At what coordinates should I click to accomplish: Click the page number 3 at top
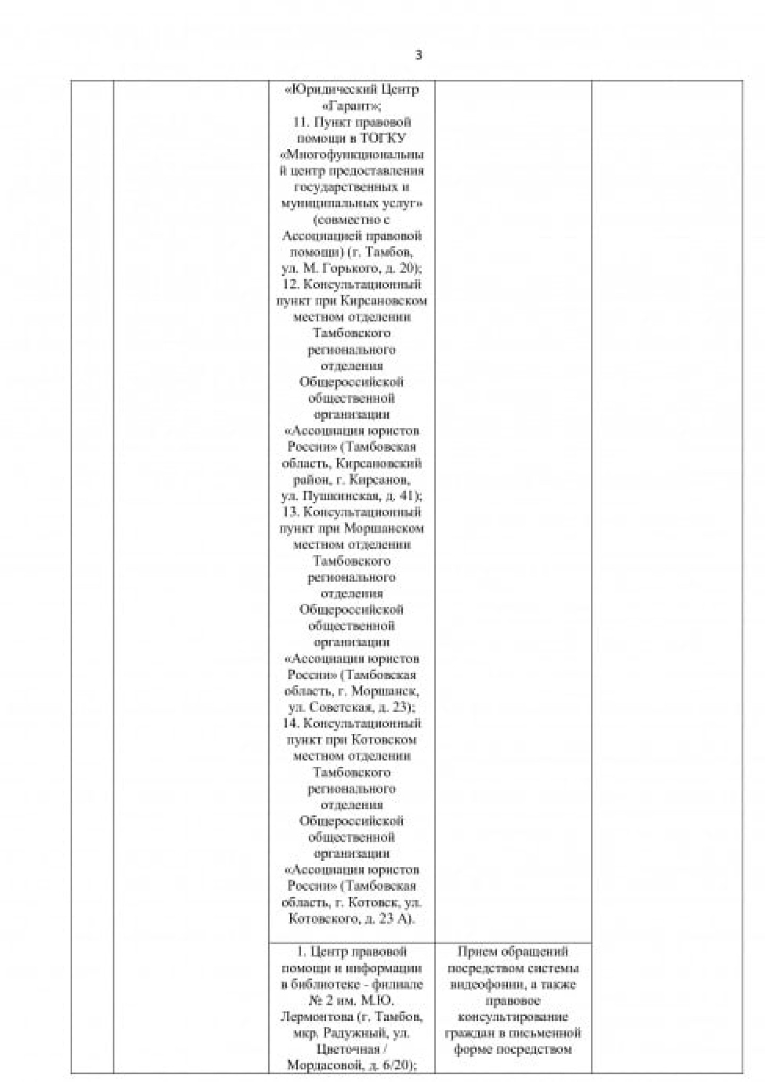(x=418, y=55)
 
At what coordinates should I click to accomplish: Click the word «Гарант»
(x=351, y=106)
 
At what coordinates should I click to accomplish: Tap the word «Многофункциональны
(x=352, y=155)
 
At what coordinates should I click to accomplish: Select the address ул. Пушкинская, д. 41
(x=351, y=496)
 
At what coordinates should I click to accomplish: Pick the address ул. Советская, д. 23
(x=351, y=707)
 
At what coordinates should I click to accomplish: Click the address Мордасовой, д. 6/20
(x=351, y=1066)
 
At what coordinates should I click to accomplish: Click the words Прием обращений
(x=513, y=951)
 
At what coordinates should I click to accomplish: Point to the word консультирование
(x=513, y=1017)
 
